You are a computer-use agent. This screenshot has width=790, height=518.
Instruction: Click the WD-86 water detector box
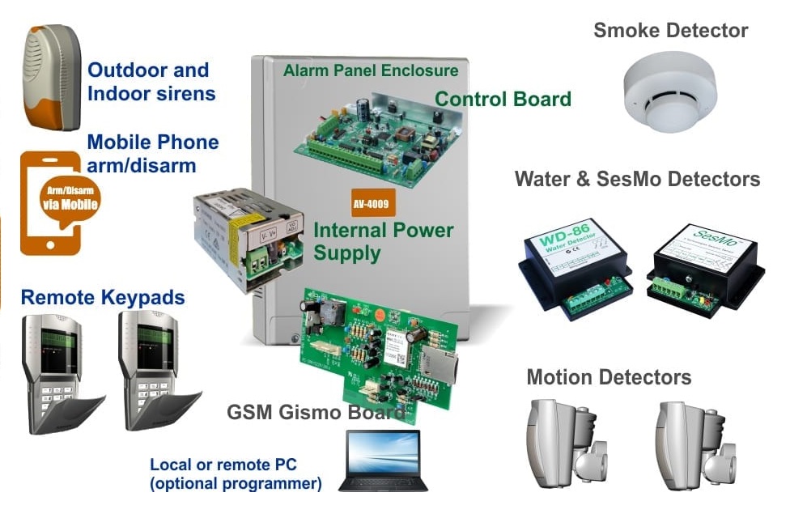[x=573, y=263]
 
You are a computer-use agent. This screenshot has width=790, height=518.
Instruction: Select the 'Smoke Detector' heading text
[x=670, y=31]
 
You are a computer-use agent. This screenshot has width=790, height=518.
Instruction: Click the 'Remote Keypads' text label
[x=103, y=297]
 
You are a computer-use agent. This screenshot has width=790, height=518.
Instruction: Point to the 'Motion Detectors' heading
[x=609, y=377]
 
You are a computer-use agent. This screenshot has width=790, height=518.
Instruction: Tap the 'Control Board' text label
[x=503, y=99]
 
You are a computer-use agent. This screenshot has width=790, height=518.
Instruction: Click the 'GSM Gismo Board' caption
[x=316, y=413]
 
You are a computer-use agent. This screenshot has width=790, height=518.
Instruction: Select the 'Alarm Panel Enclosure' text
[x=371, y=70]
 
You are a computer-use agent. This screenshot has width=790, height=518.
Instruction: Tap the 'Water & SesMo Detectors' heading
[x=637, y=178]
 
